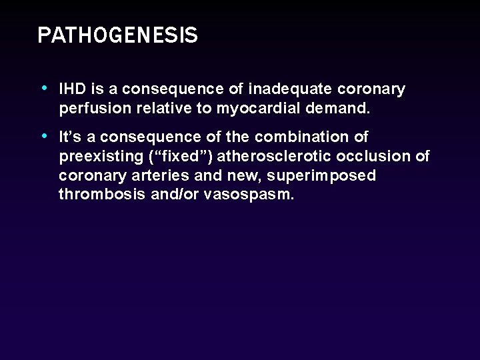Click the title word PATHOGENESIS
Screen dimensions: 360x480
(x=117, y=35)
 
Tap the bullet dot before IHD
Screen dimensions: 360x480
(x=44, y=88)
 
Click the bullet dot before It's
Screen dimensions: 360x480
(x=44, y=136)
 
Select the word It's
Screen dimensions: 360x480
(x=70, y=137)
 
